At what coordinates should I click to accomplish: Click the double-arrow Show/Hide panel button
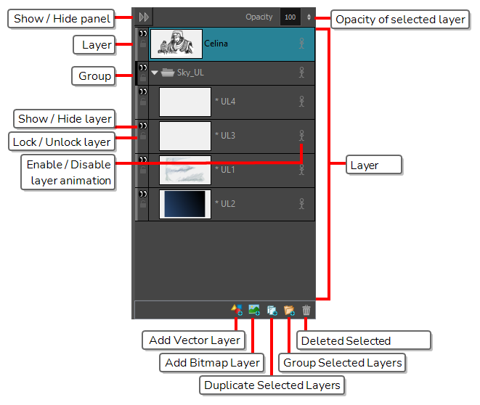144,17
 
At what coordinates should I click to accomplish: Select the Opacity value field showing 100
290,17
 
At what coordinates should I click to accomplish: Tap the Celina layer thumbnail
176,44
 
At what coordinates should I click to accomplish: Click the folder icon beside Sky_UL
168,73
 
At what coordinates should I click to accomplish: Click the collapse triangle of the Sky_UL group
154,73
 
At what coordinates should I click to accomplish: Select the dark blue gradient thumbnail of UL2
185,204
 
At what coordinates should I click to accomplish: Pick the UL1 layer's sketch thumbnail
185,170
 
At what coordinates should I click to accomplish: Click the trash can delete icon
306,310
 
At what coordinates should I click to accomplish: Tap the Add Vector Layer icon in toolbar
237,310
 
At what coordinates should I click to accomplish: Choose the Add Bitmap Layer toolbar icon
254,310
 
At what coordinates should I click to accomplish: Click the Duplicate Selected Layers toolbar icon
272,311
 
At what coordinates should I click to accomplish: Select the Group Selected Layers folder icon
289,310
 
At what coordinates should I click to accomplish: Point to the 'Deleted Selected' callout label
364,340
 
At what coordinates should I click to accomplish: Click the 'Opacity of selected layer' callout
400,20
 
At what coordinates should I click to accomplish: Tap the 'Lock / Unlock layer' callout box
62,142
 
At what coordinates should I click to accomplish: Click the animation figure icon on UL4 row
301,102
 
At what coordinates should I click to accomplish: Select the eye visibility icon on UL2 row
143,194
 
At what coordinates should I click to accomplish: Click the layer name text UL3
228,135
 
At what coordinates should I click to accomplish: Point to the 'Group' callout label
94,76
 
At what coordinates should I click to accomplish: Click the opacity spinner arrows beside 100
309,17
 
